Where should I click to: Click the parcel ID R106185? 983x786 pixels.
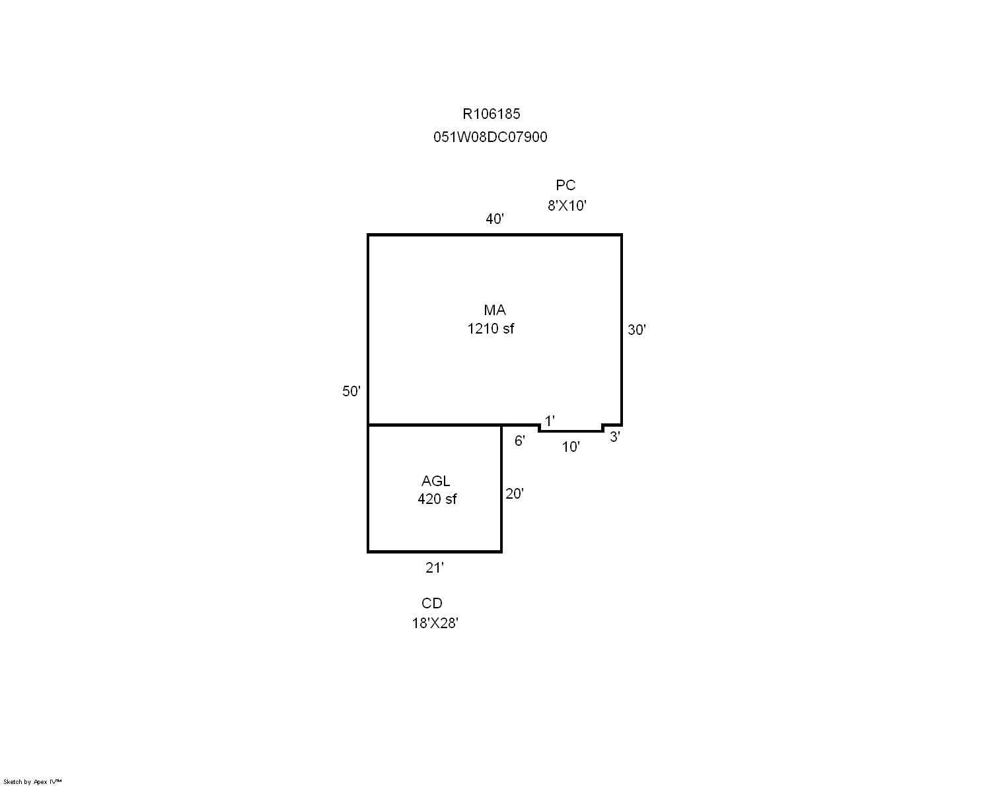(x=491, y=114)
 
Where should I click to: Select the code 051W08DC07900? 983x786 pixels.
(x=490, y=137)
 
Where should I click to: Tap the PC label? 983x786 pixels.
(x=565, y=185)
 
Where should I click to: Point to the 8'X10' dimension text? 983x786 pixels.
(x=567, y=205)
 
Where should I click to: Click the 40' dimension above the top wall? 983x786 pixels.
(x=495, y=219)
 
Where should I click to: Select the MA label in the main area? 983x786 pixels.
(x=495, y=310)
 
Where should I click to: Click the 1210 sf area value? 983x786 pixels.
(x=491, y=328)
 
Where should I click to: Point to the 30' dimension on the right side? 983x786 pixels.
(x=637, y=330)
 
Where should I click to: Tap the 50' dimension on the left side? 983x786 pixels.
(x=351, y=391)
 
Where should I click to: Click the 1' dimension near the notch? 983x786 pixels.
(x=550, y=421)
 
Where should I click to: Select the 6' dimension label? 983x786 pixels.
(x=520, y=441)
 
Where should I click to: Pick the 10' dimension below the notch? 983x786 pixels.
(x=571, y=447)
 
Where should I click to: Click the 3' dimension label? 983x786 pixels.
(x=615, y=437)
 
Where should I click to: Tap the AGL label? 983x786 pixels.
(x=436, y=481)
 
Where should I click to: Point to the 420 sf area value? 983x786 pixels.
(x=437, y=499)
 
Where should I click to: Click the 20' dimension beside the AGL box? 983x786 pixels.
(x=515, y=493)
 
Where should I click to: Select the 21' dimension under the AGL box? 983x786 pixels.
(x=435, y=567)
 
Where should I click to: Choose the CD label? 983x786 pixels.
(x=432, y=603)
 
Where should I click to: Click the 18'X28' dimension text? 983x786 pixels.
(x=435, y=623)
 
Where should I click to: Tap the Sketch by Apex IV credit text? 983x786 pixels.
(x=32, y=782)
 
